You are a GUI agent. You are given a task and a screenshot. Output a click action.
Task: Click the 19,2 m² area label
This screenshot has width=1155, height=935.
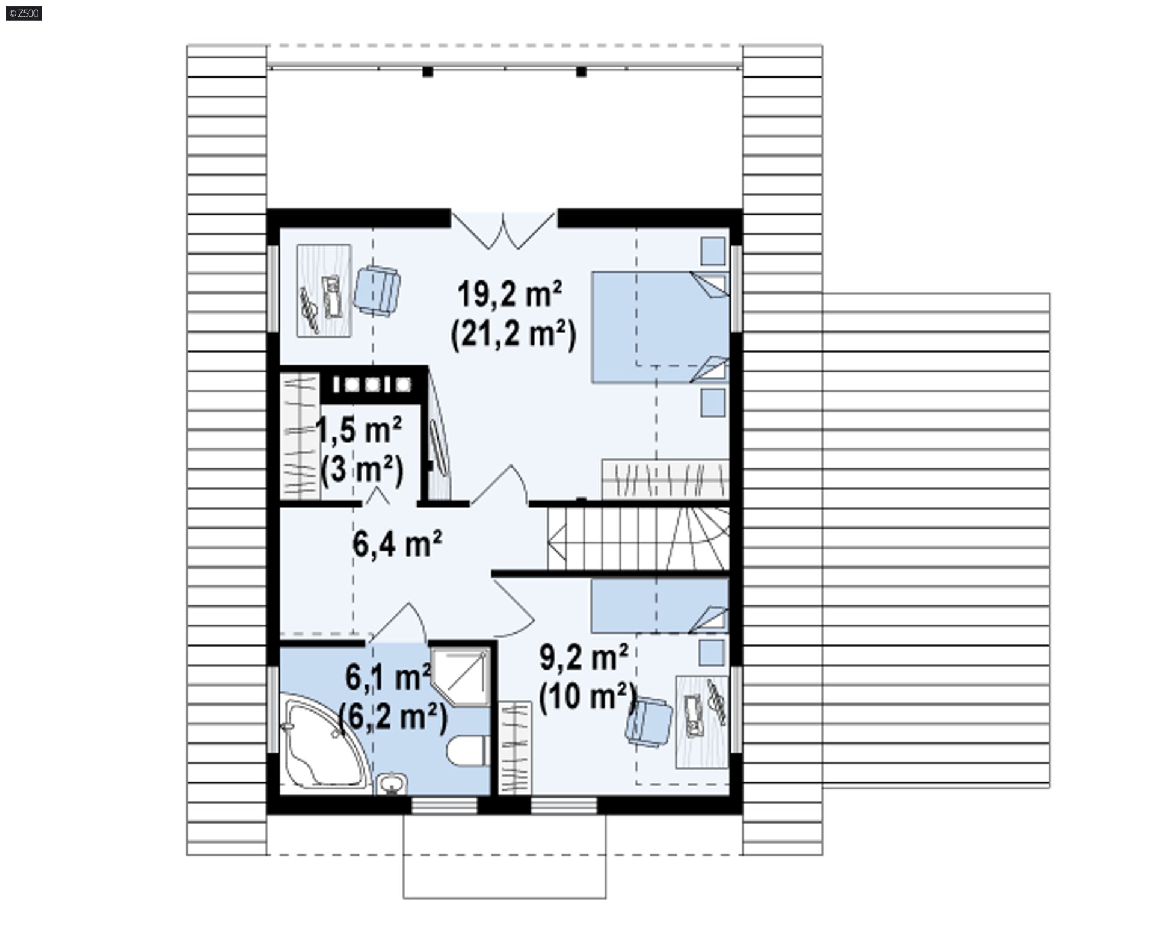[510, 295]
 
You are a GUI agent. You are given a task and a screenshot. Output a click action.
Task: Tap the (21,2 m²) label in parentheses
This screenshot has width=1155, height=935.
[513, 334]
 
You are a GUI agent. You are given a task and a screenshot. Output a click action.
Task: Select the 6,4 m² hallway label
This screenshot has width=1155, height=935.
[398, 545]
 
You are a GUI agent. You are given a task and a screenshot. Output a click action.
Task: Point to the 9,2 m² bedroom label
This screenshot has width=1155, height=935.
[584, 658]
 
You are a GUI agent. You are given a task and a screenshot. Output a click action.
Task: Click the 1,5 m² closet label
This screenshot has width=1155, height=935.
[359, 430]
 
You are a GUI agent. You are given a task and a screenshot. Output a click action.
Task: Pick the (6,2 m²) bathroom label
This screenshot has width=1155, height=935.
[393, 717]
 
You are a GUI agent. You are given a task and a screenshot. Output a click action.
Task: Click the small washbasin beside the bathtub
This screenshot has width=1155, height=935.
[392, 783]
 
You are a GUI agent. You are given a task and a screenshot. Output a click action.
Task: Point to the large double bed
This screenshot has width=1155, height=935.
[660, 327]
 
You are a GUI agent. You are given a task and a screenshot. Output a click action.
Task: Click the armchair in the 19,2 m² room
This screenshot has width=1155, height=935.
[377, 289]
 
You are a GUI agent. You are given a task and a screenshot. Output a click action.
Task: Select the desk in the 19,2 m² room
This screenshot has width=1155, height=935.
[324, 291]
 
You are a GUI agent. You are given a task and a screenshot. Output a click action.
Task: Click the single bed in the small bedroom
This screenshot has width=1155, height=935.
[659, 605]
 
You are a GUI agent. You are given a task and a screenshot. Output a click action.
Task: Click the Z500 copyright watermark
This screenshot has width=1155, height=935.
[23, 13]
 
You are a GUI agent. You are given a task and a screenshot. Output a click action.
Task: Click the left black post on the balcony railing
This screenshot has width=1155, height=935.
[428, 72]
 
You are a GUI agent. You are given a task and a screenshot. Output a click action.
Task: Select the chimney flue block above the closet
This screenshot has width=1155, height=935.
[372, 384]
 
